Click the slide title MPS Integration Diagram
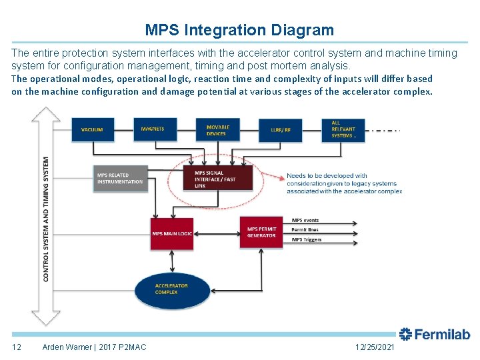[239, 30]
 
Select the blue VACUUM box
[93, 130]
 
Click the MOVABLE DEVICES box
[217, 130]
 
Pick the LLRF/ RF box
[281, 130]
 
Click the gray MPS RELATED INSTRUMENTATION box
[120, 179]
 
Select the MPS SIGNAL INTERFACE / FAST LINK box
[219, 179]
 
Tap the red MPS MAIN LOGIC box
[172, 234]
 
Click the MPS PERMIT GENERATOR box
[261, 232]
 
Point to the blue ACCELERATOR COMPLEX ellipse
[171, 289]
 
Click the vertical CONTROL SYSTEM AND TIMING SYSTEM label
[46, 219]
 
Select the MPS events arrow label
[306, 221]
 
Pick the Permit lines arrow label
[305, 230]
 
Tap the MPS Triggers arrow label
[307, 239]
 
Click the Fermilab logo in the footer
[435, 335]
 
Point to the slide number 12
[17, 347]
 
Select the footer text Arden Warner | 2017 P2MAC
[94, 347]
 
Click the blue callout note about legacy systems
[344, 183]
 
